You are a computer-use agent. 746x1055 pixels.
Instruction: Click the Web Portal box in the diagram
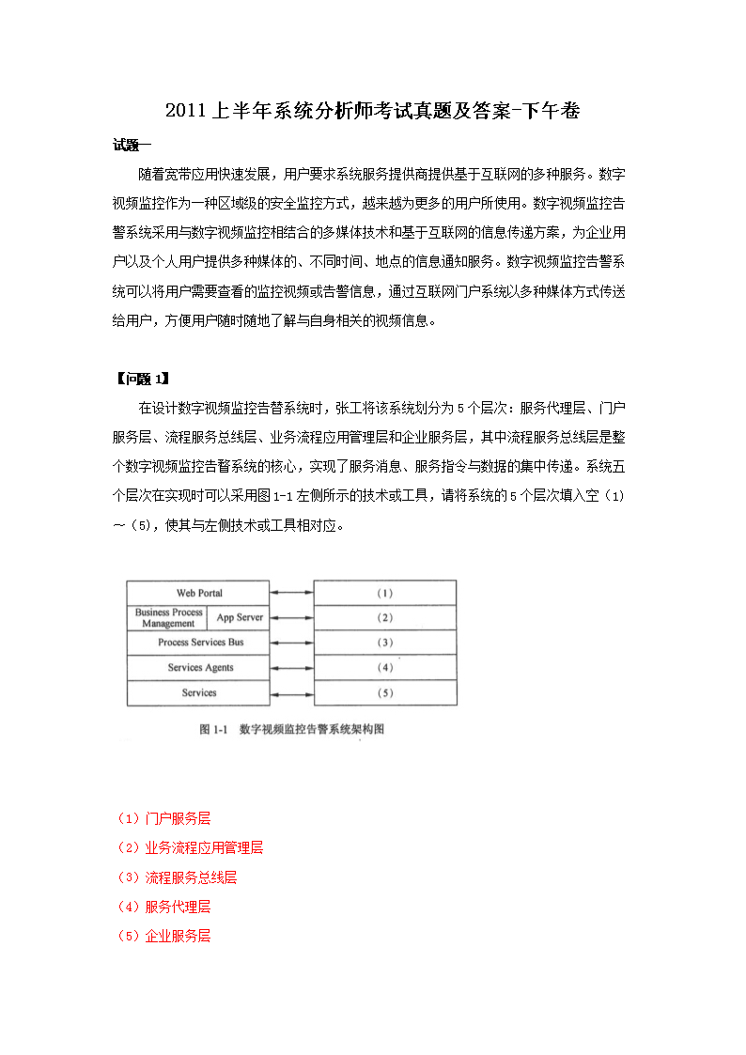click(198, 593)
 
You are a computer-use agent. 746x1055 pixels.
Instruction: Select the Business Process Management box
click(167, 617)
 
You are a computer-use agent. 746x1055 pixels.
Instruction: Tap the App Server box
click(240, 617)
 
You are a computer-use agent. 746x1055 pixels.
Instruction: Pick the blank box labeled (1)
click(384, 593)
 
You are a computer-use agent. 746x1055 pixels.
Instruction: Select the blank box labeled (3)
click(384, 643)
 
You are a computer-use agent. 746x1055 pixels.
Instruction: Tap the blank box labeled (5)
click(384, 693)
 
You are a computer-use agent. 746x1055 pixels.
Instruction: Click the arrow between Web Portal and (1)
click(291, 593)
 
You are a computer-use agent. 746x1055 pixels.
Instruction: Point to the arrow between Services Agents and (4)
click(291, 668)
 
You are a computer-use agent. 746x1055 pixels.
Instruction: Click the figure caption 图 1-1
click(291, 729)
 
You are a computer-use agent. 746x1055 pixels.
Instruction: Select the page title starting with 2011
click(372, 112)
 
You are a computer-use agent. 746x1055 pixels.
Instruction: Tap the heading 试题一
click(132, 145)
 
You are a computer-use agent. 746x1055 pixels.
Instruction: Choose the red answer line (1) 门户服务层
click(163, 818)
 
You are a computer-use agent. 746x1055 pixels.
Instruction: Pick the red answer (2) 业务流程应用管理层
click(189, 847)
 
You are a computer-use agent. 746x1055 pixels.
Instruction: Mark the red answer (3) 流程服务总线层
click(176, 877)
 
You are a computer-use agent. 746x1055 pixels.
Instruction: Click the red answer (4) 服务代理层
click(163, 907)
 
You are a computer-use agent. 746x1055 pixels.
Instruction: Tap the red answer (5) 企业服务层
click(163, 936)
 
